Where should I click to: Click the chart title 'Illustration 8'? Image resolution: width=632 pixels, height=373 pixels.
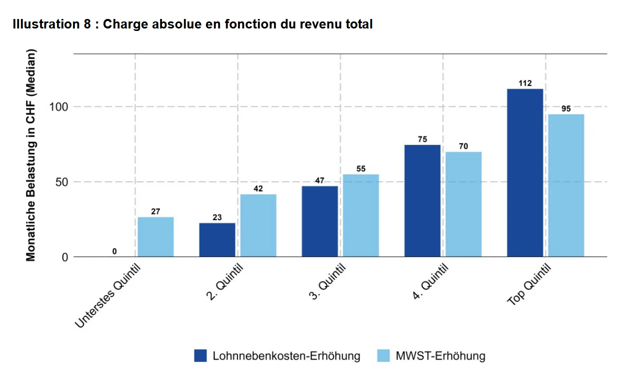(x=192, y=24)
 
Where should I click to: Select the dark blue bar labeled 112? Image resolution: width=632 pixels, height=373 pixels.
(x=524, y=173)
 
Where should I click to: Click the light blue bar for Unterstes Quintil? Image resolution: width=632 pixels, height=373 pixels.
(x=155, y=237)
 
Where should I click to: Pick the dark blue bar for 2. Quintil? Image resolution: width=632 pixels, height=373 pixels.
(x=217, y=240)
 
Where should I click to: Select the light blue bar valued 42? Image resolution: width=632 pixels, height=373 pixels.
(x=258, y=226)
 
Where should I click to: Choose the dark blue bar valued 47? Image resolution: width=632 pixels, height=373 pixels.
(x=320, y=222)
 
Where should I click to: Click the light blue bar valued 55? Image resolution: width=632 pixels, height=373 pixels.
(x=360, y=216)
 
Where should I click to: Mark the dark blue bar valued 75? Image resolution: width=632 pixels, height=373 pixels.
(x=422, y=201)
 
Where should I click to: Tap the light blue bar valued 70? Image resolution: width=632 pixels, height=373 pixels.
(x=463, y=205)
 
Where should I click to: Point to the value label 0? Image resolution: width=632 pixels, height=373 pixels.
(x=114, y=251)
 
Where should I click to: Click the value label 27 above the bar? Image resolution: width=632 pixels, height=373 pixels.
(x=155, y=212)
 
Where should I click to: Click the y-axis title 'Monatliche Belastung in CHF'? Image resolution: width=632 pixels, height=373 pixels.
(x=31, y=155)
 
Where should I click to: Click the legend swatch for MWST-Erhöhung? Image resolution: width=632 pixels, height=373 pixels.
(x=382, y=356)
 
